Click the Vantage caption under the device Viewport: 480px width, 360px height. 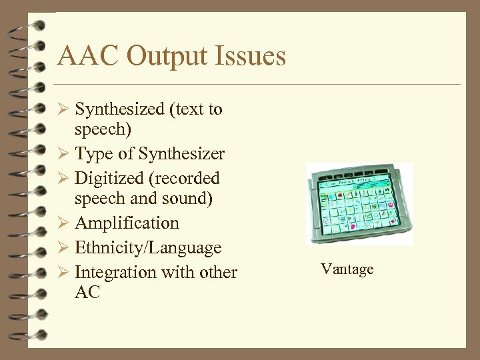tap(347, 269)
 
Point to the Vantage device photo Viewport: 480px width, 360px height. tap(359, 203)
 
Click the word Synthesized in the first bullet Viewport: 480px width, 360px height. tap(119, 109)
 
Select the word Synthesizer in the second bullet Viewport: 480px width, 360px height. tap(181, 154)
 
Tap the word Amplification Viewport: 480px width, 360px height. tap(127, 223)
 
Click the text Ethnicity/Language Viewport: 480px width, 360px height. tap(148, 248)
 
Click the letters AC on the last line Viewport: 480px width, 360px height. tap(87, 292)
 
